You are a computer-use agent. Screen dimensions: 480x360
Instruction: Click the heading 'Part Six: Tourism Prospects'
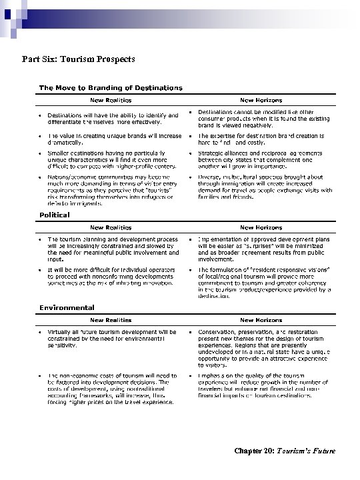(x=79, y=59)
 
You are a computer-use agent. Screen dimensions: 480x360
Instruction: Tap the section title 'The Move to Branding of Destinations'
(x=111, y=87)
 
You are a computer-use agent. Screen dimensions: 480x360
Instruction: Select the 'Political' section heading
(x=53, y=217)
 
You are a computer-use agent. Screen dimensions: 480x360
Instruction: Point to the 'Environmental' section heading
(x=67, y=307)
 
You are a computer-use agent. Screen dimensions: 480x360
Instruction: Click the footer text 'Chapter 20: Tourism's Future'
(x=285, y=451)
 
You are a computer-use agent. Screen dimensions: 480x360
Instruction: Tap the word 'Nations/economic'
(x=70, y=177)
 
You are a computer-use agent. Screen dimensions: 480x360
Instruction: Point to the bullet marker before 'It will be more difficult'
(x=40, y=269)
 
